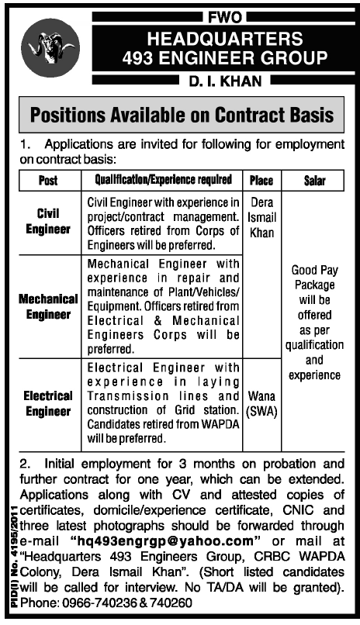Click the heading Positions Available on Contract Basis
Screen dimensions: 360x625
click(x=180, y=116)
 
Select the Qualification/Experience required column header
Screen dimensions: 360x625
click(x=163, y=180)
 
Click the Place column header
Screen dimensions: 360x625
click(x=261, y=180)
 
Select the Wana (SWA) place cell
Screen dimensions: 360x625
click(x=261, y=402)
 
